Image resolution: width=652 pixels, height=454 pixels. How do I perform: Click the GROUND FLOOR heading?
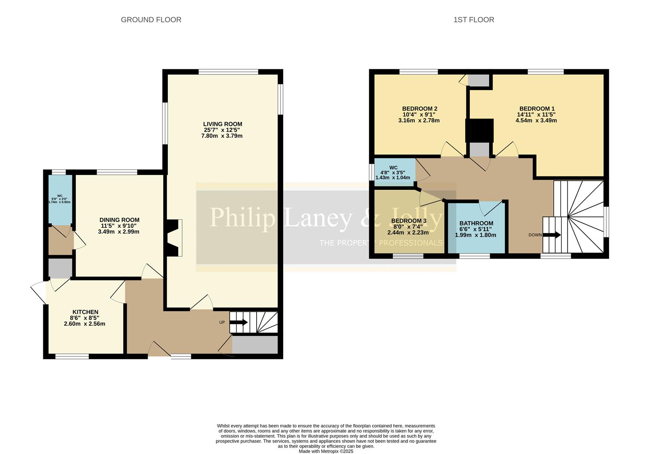click(151, 20)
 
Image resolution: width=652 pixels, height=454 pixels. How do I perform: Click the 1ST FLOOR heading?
click(474, 20)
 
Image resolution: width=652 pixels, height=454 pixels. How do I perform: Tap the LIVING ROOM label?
click(223, 124)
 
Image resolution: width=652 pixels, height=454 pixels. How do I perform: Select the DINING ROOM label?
click(119, 220)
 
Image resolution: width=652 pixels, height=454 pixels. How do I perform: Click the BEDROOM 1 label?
click(537, 108)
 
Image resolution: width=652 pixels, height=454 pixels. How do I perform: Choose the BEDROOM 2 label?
click(419, 108)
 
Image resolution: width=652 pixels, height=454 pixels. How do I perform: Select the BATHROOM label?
click(476, 223)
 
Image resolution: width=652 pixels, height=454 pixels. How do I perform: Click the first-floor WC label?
click(393, 168)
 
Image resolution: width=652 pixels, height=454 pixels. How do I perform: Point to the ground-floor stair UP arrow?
click(239, 322)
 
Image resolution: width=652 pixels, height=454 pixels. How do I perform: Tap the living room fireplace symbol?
click(175, 238)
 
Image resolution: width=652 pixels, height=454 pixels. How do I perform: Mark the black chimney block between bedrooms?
click(479, 131)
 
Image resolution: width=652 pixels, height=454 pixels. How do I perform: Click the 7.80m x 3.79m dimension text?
click(222, 136)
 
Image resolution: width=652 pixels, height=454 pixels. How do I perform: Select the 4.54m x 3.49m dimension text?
click(536, 120)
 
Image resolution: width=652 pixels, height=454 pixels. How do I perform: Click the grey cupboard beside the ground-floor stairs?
click(255, 345)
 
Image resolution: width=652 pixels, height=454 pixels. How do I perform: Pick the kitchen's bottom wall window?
click(72, 356)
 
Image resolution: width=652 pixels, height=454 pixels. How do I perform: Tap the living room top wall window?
click(228, 72)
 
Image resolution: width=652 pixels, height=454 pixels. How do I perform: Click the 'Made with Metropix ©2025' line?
click(326, 451)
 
